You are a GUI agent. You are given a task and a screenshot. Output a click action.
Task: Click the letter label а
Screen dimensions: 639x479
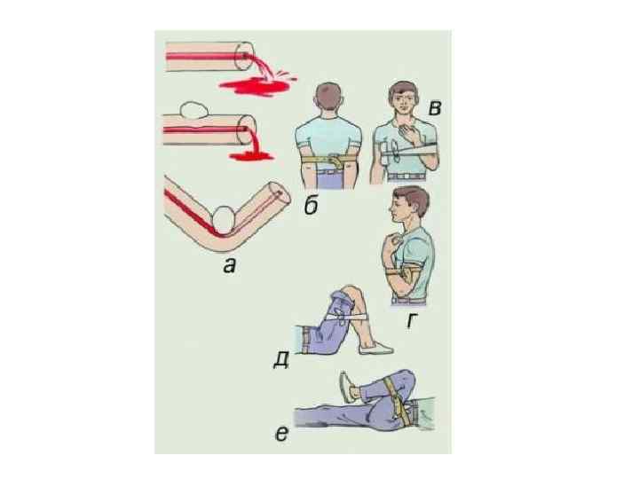pos(230,266)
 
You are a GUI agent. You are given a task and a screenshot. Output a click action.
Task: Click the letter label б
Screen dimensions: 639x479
pos(312,206)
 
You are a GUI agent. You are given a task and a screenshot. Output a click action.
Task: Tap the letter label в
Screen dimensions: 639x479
pos(435,108)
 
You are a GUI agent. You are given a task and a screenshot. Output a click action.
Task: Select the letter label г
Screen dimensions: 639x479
pos(412,320)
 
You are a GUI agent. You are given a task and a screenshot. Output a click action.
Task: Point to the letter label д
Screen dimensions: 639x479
pos(281,360)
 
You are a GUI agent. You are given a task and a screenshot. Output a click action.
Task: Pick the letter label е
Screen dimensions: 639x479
pos(281,434)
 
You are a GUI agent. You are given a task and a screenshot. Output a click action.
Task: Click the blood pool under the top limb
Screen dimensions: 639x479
pos(256,86)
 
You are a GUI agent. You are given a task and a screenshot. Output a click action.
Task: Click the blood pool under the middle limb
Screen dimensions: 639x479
pos(251,155)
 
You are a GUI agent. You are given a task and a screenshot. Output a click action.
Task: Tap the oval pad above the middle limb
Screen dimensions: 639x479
pos(194,110)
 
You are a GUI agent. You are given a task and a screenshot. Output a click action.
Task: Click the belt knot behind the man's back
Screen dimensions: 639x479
pos(335,160)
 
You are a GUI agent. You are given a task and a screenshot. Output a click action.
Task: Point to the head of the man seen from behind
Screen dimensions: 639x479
pos(328,97)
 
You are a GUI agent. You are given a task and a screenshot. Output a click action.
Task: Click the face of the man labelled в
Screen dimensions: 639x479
pos(403,101)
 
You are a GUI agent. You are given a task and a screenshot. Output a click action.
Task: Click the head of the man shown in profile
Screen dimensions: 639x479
pos(409,205)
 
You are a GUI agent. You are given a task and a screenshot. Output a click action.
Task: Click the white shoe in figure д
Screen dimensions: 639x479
pos(375,348)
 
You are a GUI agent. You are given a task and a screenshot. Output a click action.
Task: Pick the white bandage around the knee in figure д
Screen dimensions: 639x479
pos(345,317)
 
